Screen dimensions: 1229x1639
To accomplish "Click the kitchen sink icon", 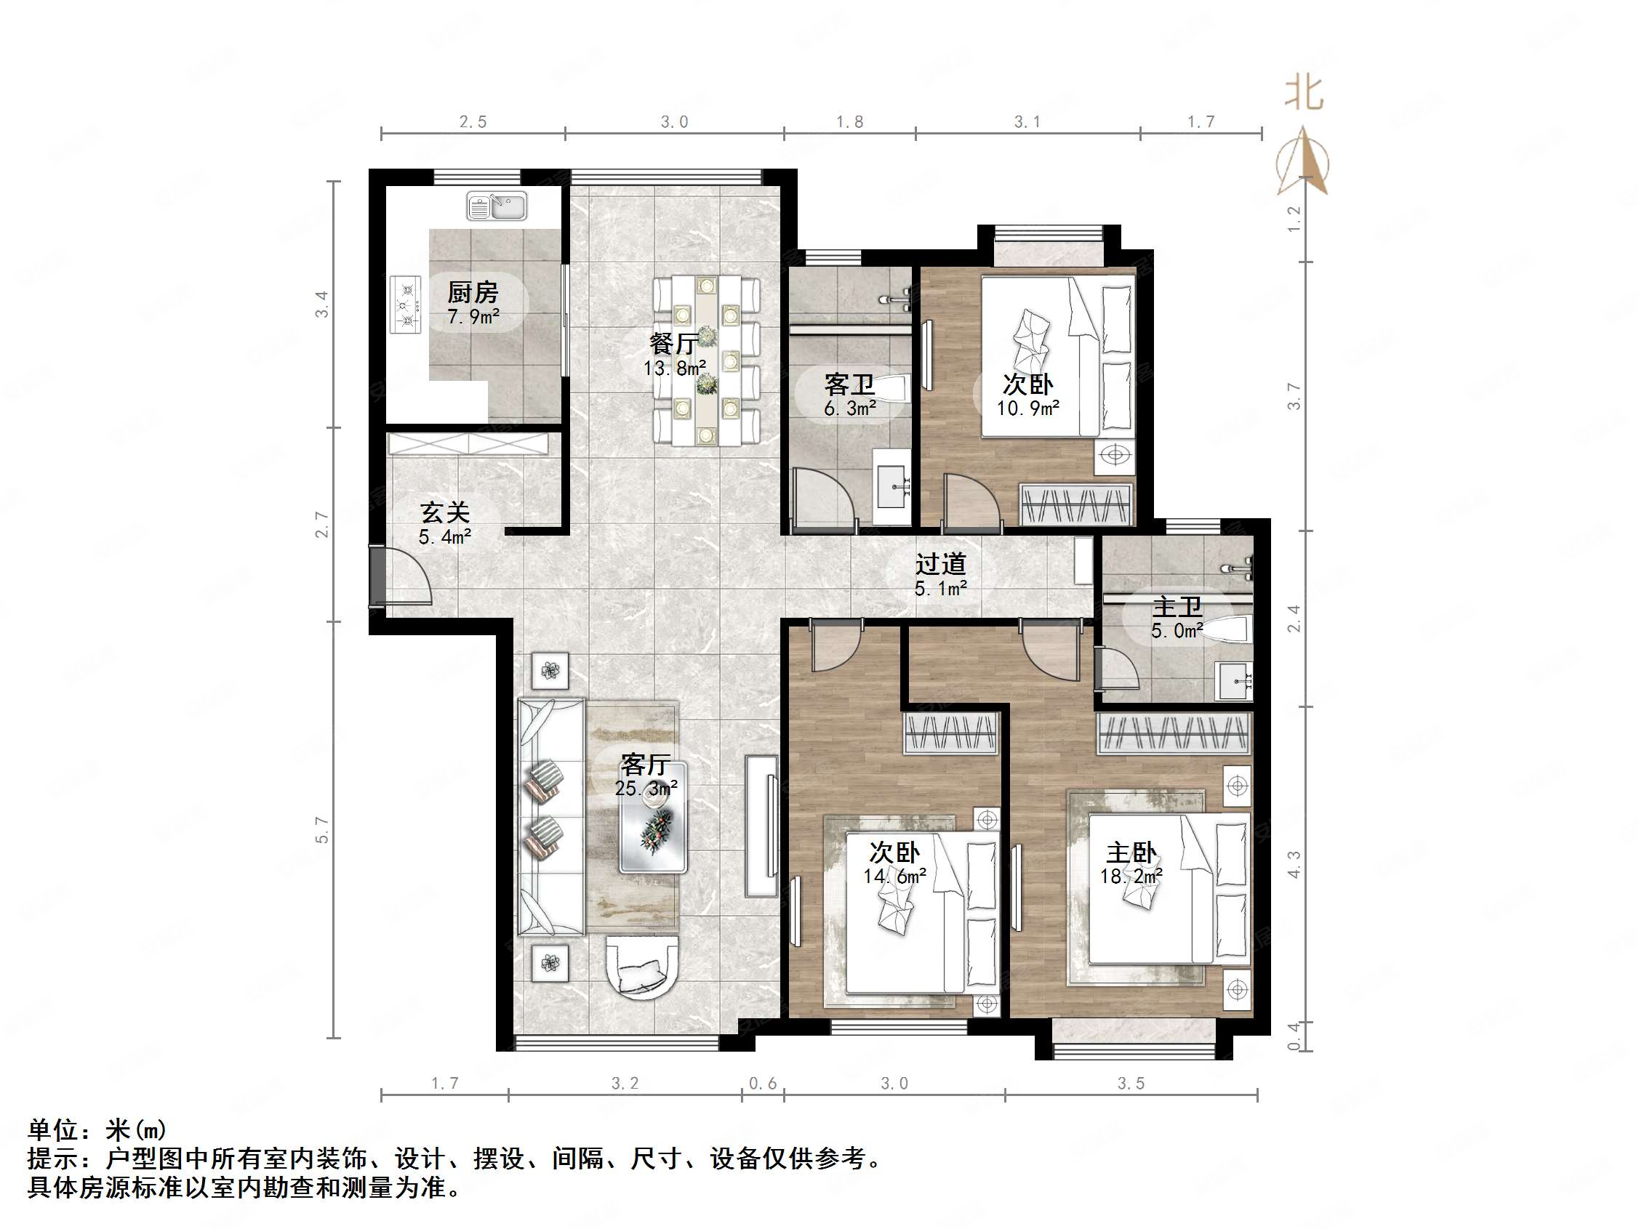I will pos(497,205).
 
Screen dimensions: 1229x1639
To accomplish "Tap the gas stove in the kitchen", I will pos(405,305).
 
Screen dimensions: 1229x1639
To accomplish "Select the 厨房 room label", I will pos(473,294).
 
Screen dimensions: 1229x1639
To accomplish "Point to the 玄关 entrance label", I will pos(444,512).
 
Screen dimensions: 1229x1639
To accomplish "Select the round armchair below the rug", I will pos(641,967).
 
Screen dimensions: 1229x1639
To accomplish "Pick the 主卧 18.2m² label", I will pos(1131,863).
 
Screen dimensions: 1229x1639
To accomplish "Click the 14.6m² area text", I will pos(894,877).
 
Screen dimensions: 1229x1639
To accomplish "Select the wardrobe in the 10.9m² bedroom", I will pos(1077,504).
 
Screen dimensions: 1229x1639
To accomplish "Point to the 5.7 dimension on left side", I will pos(321,830).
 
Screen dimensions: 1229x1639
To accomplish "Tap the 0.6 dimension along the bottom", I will pos(763,1084).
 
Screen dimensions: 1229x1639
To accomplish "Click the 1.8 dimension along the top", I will pos(849,122).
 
